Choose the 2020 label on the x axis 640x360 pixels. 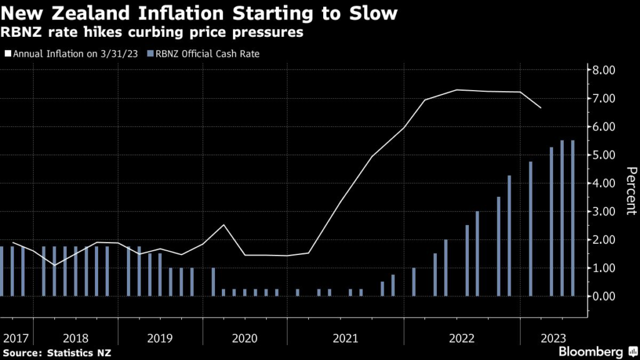(x=244, y=338)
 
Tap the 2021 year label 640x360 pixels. (x=346, y=338)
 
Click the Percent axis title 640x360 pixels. (x=631, y=191)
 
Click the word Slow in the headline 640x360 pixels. (x=374, y=12)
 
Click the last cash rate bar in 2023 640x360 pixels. (x=572, y=218)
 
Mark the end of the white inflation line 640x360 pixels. (x=541, y=108)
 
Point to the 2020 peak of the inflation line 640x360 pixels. (x=224, y=225)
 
